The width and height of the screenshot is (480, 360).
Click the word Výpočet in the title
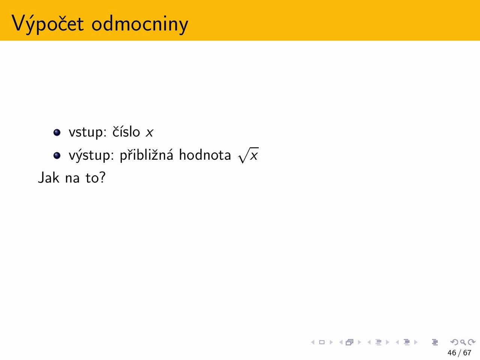[48, 24]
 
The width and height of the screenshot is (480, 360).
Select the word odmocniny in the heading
[140, 24]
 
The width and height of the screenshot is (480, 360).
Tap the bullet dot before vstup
[57, 132]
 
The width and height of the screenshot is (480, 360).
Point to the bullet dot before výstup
[57, 156]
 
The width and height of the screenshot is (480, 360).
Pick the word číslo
[126, 131]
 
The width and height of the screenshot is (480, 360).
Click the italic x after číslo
[150, 133]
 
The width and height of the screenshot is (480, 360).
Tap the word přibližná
[147, 155]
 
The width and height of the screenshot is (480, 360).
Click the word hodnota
[205, 155]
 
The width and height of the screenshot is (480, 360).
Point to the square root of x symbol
[248, 155]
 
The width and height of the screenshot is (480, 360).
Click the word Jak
[48, 177]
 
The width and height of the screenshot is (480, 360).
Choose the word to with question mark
[96, 177]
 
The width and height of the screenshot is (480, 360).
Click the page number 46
[452, 353]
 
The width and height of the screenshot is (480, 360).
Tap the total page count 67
[467, 353]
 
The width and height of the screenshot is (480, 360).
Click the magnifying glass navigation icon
[463, 342]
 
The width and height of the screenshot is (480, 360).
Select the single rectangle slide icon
[322, 342]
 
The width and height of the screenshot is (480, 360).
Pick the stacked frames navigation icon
[349, 342]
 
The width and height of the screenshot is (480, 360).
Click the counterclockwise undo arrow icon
[454, 342]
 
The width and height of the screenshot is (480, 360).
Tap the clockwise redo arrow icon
[472, 342]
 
